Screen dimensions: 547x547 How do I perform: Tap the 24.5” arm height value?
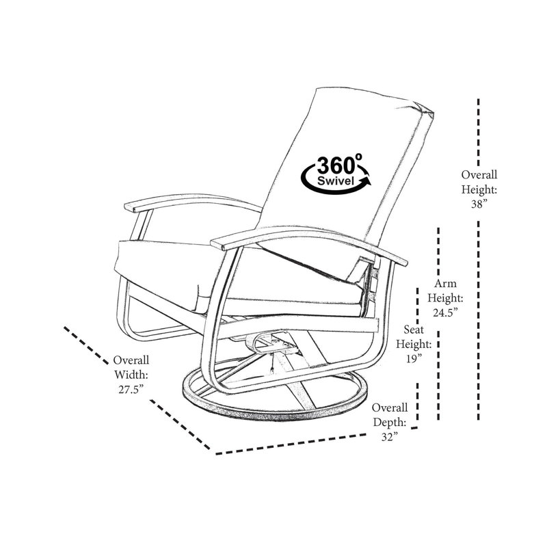click(x=445, y=312)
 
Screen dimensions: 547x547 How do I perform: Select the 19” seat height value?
click(x=414, y=358)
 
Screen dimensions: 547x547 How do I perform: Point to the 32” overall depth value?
click(x=389, y=437)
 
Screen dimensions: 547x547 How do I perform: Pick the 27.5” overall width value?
click(x=131, y=389)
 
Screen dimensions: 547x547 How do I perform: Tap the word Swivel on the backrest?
click(x=336, y=181)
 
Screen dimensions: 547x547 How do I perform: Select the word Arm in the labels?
click(x=445, y=283)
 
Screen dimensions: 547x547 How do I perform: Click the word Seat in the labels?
click(x=414, y=329)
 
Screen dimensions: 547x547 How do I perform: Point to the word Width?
click(x=131, y=374)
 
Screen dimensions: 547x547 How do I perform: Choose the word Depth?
click(x=389, y=422)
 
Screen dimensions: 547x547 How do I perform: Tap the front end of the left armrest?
click(x=129, y=207)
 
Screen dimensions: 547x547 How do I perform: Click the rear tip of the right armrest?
click(x=406, y=263)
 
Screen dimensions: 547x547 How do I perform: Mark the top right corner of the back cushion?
click(x=433, y=113)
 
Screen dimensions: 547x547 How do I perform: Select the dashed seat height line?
click(x=417, y=356)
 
